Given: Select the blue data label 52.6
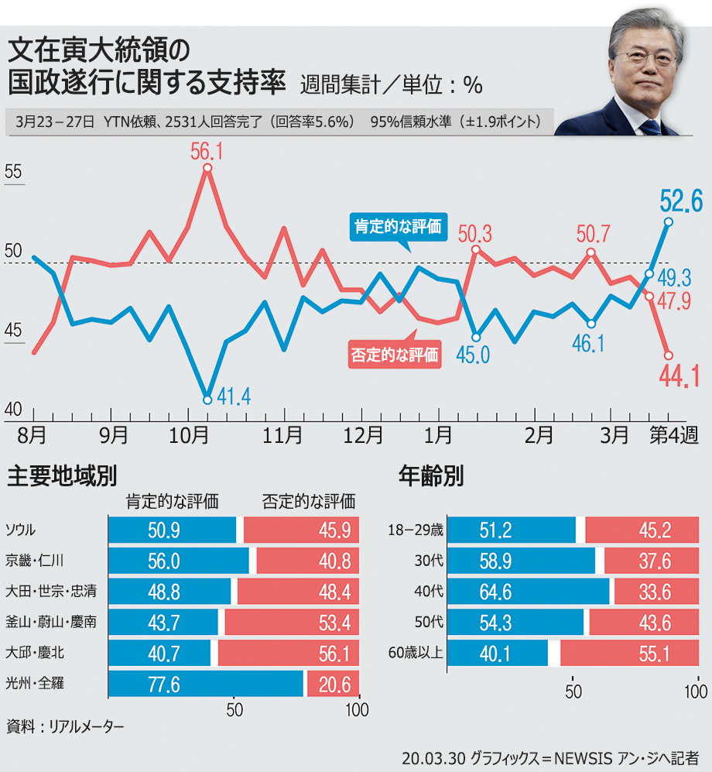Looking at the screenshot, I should coord(680,201).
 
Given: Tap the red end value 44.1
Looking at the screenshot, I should coord(679,376).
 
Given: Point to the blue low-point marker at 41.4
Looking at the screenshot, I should coord(207,400).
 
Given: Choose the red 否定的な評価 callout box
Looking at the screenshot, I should coord(395,355).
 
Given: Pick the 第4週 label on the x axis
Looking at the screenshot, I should coord(672,435).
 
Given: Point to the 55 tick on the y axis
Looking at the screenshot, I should coord(14,172).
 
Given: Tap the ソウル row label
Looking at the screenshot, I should coord(22,530).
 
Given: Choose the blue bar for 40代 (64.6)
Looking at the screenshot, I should coord(529,592).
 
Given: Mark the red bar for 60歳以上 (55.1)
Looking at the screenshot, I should coord(629,654).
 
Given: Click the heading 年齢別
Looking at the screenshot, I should coord(430,475).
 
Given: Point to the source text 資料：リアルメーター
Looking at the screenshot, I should coord(65,727).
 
